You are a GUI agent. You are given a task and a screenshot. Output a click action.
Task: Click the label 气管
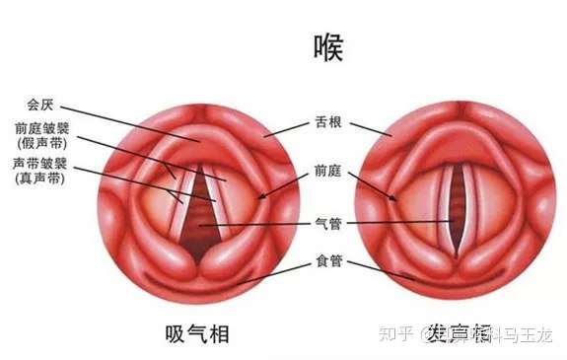326,223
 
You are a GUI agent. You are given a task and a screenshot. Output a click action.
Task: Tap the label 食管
326,261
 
